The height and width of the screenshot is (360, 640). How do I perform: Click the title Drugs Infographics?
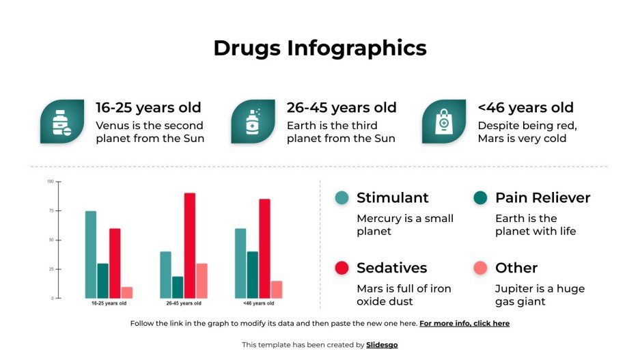(320, 48)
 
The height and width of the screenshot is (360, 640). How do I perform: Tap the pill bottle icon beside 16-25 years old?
(62, 122)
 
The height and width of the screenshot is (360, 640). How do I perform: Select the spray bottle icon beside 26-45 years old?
(253, 122)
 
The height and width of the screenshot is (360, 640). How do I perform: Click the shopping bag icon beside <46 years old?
(443, 122)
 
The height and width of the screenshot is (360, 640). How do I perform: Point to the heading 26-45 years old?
(341, 107)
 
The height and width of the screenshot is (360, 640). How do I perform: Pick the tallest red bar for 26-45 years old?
(189, 245)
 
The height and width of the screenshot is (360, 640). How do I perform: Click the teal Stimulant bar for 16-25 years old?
(91, 254)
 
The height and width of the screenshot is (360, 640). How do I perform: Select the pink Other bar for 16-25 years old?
(127, 292)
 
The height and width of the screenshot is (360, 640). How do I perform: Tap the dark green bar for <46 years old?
(253, 275)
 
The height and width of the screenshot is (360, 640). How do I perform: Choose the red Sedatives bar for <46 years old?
(264, 248)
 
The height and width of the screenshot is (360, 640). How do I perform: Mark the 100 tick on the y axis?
(50, 182)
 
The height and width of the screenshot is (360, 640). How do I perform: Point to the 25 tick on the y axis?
(50, 269)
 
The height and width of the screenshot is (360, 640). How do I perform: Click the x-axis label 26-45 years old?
(184, 303)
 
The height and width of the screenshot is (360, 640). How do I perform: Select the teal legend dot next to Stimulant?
(342, 198)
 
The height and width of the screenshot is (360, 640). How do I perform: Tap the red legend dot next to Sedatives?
(342, 268)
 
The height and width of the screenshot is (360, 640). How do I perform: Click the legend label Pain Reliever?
(542, 198)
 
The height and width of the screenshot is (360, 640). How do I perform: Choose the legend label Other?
(516, 268)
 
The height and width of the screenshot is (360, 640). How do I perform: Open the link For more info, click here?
(464, 324)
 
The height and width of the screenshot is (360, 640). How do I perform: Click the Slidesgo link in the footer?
(382, 345)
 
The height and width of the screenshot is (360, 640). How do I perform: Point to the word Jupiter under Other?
(513, 288)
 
